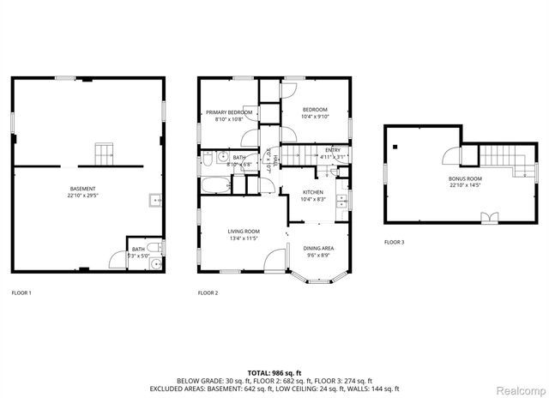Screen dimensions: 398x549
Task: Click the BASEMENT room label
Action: [83, 191]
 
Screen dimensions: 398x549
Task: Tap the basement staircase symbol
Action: [104, 154]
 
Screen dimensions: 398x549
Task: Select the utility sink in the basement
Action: [154, 202]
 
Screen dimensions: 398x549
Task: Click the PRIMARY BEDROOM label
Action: [228, 116]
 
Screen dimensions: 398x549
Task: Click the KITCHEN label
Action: [313, 195]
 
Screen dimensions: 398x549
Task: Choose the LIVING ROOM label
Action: [243, 234]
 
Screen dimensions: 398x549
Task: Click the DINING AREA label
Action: [318, 250]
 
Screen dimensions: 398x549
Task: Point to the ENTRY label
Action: [332, 154]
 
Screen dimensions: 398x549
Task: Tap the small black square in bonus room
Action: [395, 147]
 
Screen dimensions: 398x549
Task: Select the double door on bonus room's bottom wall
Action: [489, 217]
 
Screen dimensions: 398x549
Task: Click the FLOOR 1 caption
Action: [21, 293]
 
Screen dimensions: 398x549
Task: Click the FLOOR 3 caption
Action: [394, 243]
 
